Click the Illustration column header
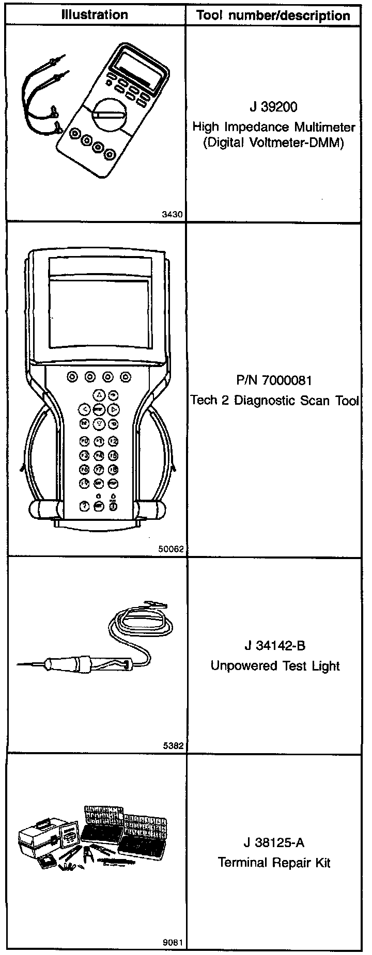pyautogui.click(x=95, y=15)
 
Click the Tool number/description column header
pyautogui.click(x=273, y=15)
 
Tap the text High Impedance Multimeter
pyautogui.click(x=274, y=126)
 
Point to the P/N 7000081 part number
pyautogui.click(x=273, y=381)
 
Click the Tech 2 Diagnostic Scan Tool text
pyautogui.click(x=274, y=401)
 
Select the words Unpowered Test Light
pyautogui.click(x=275, y=666)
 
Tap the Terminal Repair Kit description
pyautogui.click(x=274, y=863)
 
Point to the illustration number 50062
pyautogui.click(x=171, y=550)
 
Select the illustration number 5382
pyautogui.click(x=174, y=746)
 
